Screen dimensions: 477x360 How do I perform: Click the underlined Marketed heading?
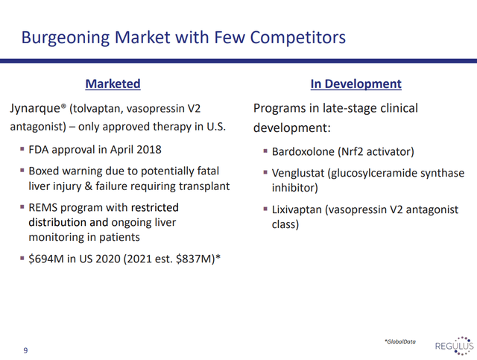[113, 84]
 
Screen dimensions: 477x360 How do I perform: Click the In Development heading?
[356, 84]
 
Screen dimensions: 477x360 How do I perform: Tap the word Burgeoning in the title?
[66, 38]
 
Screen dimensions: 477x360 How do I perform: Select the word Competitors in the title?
[298, 38]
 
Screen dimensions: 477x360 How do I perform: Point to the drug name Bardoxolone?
[303, 151]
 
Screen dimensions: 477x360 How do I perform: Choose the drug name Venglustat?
[298, 173]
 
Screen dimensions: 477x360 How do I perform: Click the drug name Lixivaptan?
[297, 209]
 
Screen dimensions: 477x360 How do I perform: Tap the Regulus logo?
[454, 346]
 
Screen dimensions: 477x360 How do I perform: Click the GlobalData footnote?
[400, 342]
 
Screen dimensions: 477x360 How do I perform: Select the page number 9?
[25, 350]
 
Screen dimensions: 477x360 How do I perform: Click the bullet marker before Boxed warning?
[22, 171]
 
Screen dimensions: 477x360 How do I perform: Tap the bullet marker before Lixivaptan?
[265, 209]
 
